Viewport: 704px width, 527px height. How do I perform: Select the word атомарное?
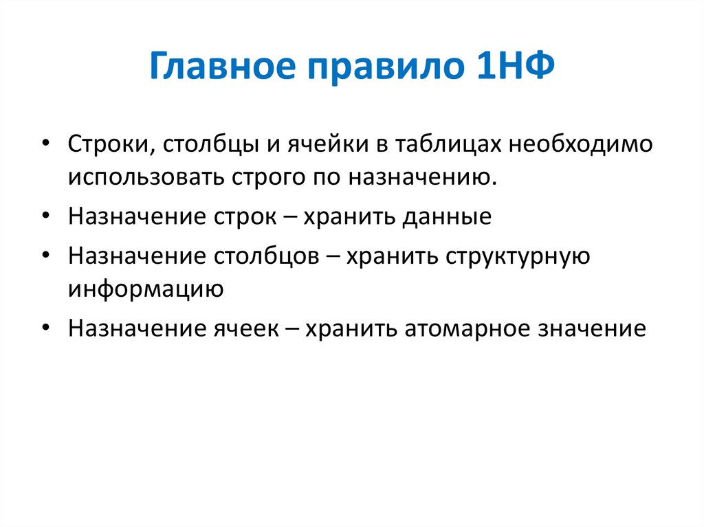[x=462, y=328]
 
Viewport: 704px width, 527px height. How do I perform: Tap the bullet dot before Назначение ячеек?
[x=45, y=328]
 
